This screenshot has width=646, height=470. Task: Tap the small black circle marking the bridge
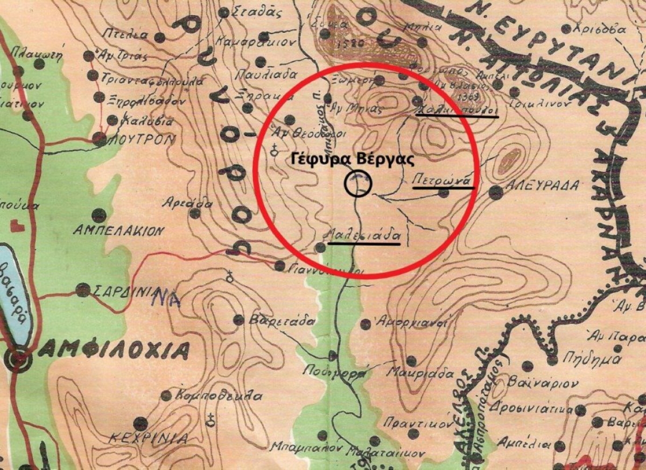coord(358,184)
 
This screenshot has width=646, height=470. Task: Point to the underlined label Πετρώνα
coord(441,180)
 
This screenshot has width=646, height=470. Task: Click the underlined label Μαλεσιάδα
coord(363,235)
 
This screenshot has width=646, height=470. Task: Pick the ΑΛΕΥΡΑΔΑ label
coord(542,186)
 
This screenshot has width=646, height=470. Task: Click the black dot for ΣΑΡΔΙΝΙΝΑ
coord(82,290)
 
